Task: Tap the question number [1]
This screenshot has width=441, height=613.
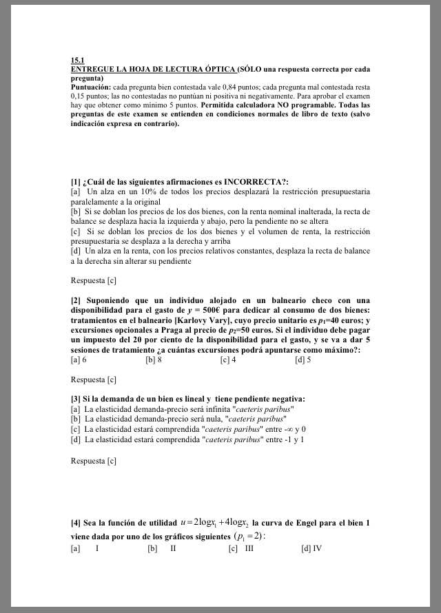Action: (75, 181)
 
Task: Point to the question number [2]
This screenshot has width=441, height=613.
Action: (75, 300)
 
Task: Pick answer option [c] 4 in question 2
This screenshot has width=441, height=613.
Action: (228, 360)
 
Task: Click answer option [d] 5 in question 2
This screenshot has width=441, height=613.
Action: (302, 360)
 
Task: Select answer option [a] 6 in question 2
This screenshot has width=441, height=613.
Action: (79, 360)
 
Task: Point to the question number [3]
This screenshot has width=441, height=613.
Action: (75, 399)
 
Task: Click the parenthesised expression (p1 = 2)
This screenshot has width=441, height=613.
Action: (249, 536)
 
